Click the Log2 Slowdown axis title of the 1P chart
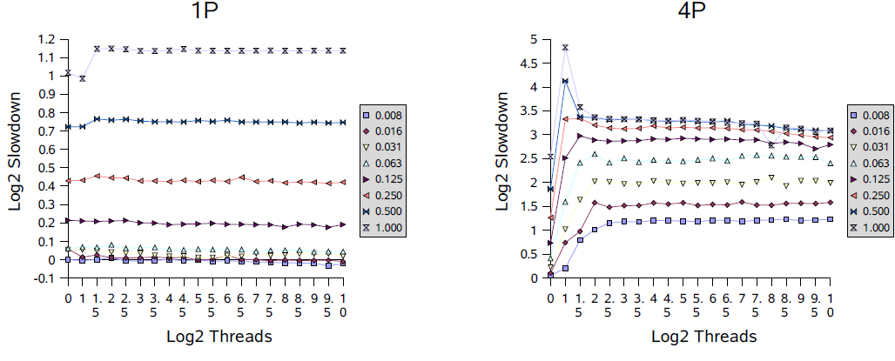point(16,159)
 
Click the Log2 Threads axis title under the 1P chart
point(205,337)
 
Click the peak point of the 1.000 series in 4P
point(565,48)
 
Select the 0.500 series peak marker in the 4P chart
point(565,81)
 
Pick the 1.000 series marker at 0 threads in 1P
point(68,73)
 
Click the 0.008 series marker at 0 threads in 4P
point(550,274)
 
